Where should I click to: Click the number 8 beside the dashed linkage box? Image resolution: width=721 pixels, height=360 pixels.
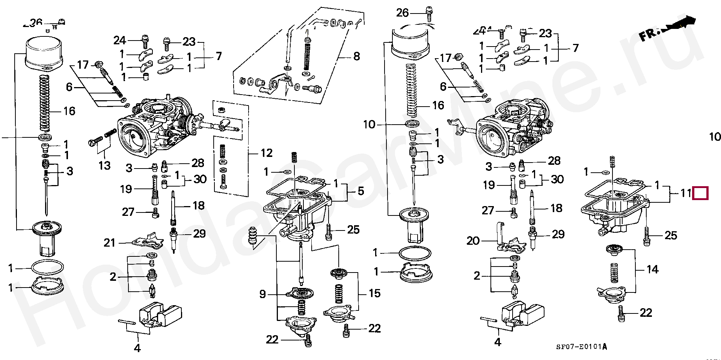pyautogui.click(x=356, y=57)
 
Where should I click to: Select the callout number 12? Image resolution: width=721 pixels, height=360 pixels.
pyautogui.click(x=266, y=153)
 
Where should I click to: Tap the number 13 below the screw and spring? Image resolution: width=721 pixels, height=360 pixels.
pyautogui.click(x=104, y=165)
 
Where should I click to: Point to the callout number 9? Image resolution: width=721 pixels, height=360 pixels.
pyautogui.click(x=262, y=294)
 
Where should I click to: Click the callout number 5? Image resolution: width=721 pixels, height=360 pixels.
pyautogui.click(x=360, y=191)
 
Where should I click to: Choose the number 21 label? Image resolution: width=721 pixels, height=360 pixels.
pyautogui.click(x=109, y=243)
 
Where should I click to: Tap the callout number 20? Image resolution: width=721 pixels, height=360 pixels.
pyautogui.click(x=473, y=240)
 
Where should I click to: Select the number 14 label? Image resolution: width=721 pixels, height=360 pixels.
pyautogui.click(x=652, y=270)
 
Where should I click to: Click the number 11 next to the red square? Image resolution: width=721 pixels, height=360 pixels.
pyautogui.click(x=686, y=193)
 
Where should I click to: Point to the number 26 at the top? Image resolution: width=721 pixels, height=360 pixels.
pyautogui.click(x=402, y=13)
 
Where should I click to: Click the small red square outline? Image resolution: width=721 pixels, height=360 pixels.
pyautogui.click(x=700, y=193)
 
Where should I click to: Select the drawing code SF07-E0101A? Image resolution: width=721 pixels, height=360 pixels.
pyautogui.click(x=581, y=347)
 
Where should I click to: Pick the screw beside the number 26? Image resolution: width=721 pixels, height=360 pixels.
pyautogui.click(x=428, y=14)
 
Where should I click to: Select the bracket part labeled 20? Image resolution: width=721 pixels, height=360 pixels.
pyautogui.click(x=507, y=240)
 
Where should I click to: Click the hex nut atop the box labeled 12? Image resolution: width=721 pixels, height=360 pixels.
pyautogui.click(x=222, y=109)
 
